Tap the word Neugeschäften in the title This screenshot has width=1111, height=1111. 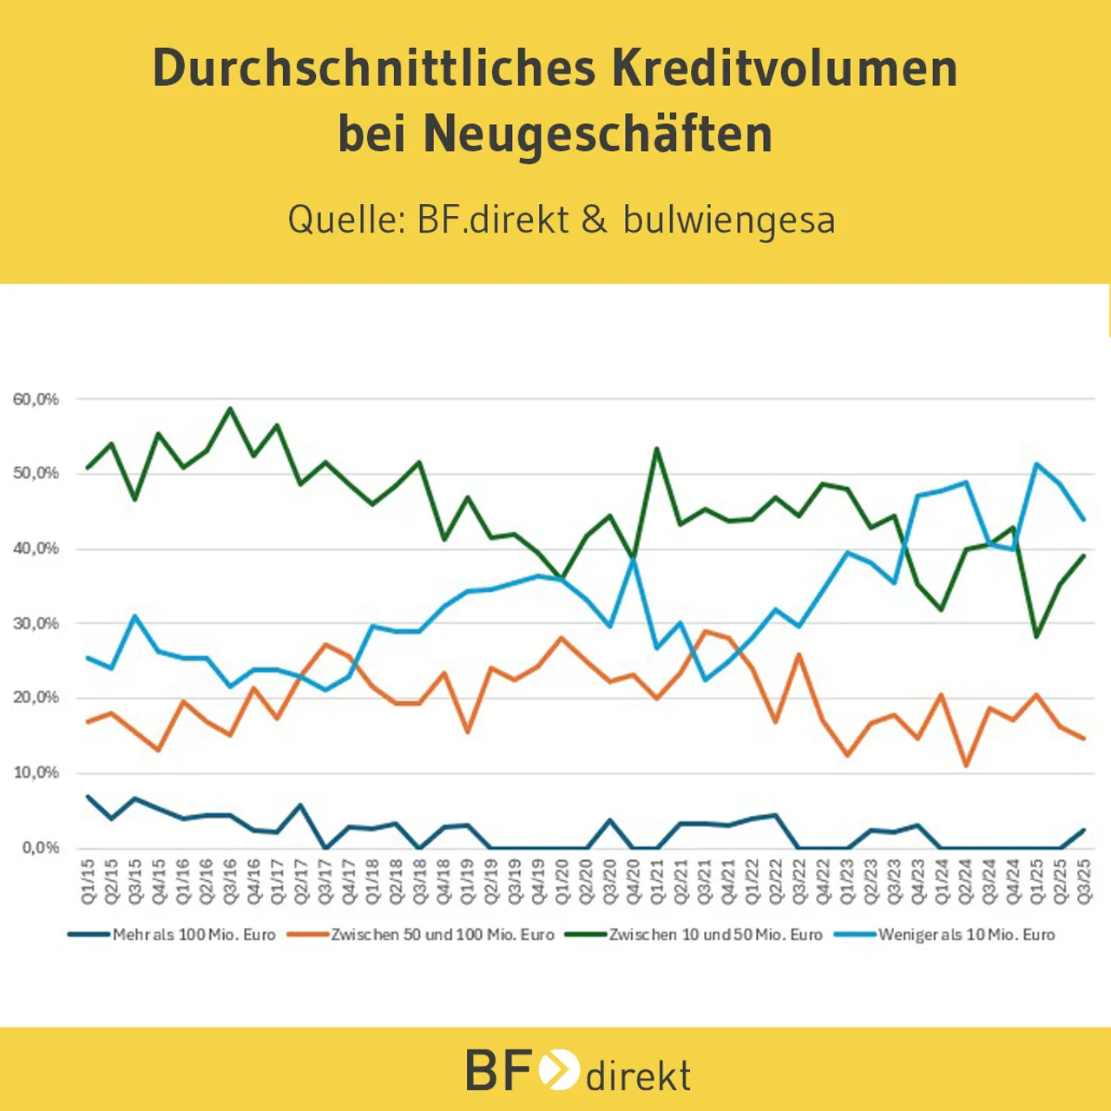point(598,134)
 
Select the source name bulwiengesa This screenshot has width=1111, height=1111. point(729,219)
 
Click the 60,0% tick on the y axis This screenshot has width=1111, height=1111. point(36,399)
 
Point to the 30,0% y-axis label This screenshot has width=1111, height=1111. point(36,623)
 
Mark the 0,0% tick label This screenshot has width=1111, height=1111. point(40,847)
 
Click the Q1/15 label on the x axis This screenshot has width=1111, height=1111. point(88,882)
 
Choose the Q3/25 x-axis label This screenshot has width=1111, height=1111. point(1083,882)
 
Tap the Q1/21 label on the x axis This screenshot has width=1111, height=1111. point(657,882)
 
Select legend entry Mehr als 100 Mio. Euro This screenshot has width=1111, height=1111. point(193,935)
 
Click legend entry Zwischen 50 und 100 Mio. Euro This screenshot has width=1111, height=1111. point(442,935)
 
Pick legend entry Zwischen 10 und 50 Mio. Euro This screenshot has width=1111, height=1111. point(714,935)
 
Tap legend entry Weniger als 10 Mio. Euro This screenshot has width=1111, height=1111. point(966,935)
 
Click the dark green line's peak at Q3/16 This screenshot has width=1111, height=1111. point(230,408)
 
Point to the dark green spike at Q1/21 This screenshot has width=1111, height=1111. point(656,449)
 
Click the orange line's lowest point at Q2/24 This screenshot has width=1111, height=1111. point(965,765)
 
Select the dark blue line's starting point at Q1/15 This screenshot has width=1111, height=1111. point(88,796)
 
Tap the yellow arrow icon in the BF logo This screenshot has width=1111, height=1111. point(558,1069)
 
